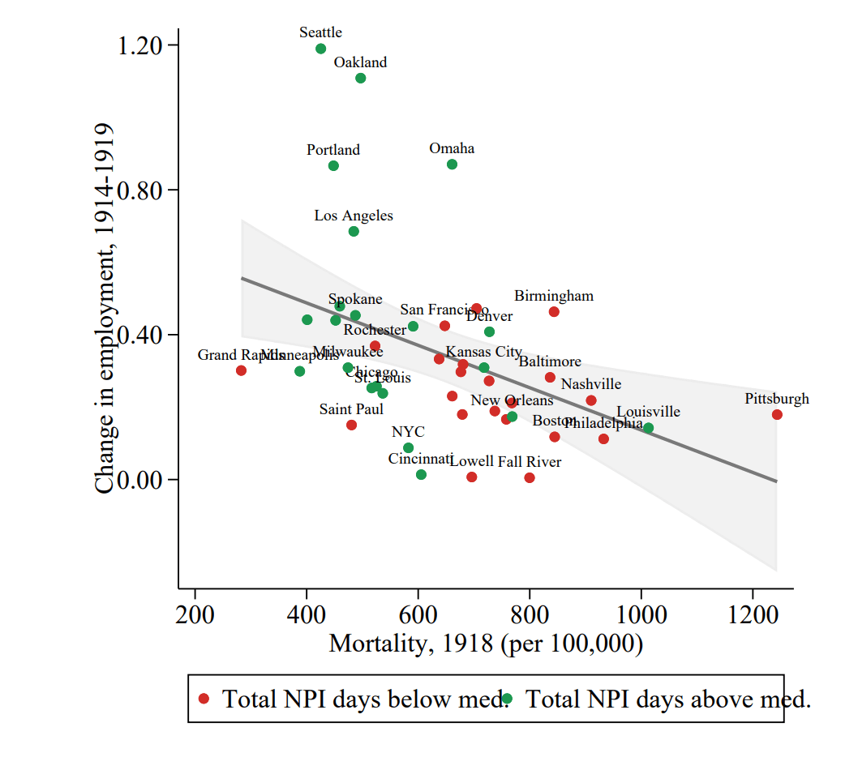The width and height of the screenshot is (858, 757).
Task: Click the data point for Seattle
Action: coord(320,49)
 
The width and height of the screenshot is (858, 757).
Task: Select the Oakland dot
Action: coord(360,78)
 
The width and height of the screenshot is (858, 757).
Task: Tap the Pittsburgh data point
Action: coord(777,414)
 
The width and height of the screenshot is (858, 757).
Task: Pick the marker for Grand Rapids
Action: coord(241,370)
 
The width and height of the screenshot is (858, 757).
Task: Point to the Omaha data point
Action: coord(452,165)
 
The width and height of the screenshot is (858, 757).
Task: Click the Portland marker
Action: coord(333,166)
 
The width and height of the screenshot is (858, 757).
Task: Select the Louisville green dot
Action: coord(648,428)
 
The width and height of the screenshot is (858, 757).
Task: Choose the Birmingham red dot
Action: coord(554,312)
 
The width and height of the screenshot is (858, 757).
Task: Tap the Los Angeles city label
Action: coord(354,216)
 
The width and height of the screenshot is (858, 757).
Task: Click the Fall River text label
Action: coord(530,462)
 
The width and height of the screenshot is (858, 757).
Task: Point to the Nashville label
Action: coord(591,384)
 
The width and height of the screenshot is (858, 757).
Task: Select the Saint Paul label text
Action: coord(351,409)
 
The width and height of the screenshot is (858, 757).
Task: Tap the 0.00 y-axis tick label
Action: coord(139,479)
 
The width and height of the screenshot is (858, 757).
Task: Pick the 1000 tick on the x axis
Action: coord(641,614)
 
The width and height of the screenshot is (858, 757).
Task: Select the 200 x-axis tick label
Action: coord(195,614)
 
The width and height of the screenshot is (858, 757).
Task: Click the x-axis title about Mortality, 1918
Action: coord(486,644)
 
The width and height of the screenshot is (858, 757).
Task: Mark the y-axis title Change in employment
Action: coord(104,308)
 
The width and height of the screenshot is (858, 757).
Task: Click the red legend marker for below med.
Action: coord(204,699)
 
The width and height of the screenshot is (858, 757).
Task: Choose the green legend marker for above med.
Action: coord(507,699)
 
